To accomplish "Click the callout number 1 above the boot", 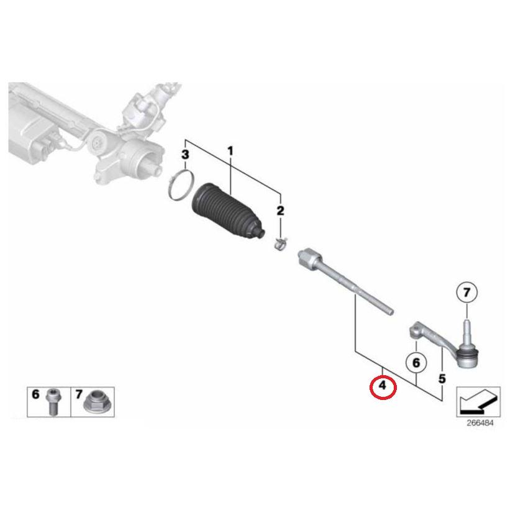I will pos(230,151).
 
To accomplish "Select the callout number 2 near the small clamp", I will pos(280,211).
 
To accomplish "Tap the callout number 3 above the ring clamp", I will pos(184,154).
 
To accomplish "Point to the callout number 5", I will pos(442,378).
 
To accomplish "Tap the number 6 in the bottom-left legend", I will pos(35,394).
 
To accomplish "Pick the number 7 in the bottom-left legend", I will pos(80,394).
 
